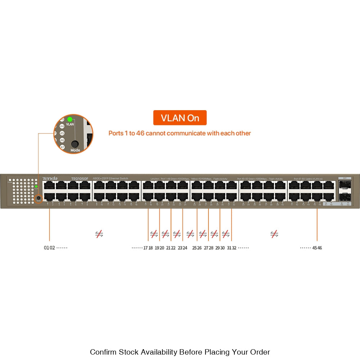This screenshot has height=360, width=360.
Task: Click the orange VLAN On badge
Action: point(180,118)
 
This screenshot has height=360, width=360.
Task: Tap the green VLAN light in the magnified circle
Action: point(70,119)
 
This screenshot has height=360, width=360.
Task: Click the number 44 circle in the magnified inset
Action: point(62,126)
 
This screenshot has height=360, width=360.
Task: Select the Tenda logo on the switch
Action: point(50,179)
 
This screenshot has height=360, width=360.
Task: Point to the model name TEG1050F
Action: point(79,179)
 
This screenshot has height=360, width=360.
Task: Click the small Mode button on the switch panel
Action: point(38,198)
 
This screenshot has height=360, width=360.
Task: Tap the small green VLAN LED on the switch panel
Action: point(36,186)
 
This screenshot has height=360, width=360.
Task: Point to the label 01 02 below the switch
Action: point(49,248)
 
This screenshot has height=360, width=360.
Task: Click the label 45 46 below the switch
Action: point(317,248)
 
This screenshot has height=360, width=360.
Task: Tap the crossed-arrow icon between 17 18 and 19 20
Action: point(154,234)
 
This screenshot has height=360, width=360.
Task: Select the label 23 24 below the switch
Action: point(183,248)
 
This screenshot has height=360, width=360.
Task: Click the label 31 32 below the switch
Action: point(231,248)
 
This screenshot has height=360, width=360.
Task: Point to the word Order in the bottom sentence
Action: point(260,352)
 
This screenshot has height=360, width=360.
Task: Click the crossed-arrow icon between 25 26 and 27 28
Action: point(203,234)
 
